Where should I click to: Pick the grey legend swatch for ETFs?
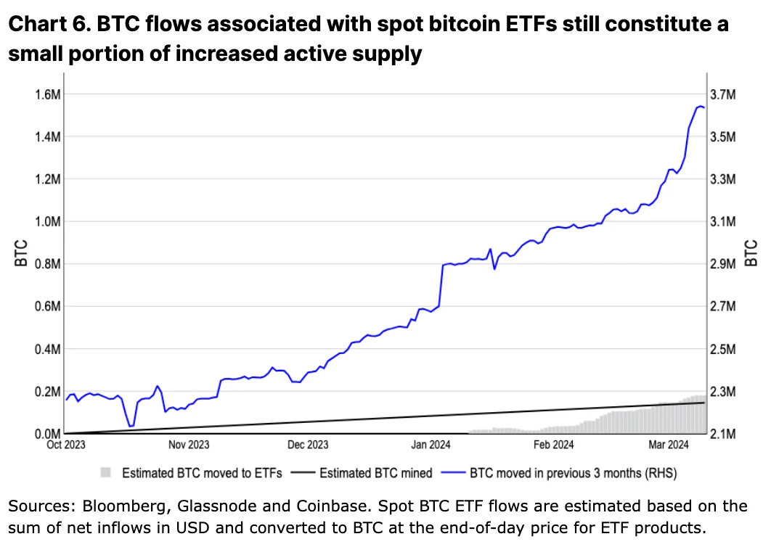(106, 473)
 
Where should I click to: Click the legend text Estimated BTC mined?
(376, 473)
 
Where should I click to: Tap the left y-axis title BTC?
(21, 252)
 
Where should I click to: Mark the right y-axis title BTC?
(751, 252)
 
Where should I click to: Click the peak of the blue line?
(700, 107)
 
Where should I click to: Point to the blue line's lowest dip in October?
(130, 426)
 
